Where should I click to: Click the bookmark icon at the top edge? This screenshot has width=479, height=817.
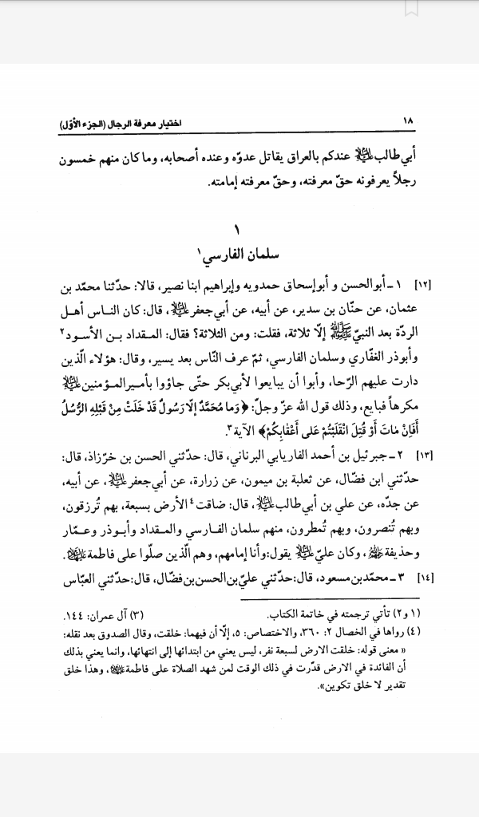pos(410,7)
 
